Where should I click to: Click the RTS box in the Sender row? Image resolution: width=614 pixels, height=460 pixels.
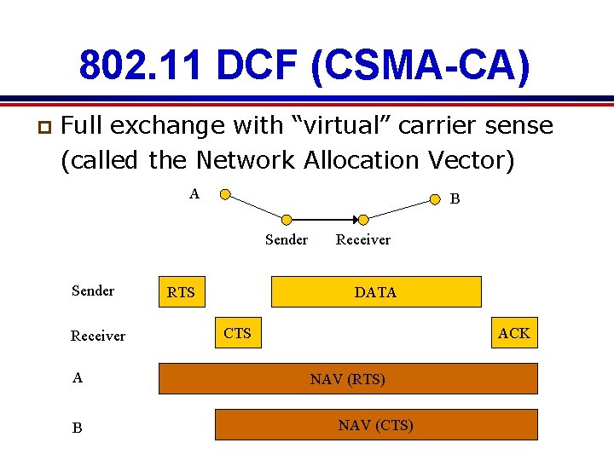(x=181, y=292)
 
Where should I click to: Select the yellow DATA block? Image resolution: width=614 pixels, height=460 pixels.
(x=375, y=292)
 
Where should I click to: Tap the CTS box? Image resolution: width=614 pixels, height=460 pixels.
(x=238, y=333)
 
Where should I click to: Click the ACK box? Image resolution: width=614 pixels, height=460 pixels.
(x=514, y=333)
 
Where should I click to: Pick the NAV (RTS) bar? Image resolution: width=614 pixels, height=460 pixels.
(x=348, y=379)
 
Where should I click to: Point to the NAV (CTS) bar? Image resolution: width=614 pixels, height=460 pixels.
(x=375, y=425)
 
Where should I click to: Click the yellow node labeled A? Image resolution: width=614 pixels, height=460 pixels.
(x=224, y=194)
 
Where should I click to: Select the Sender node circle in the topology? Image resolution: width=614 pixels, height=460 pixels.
(x=287, y=220)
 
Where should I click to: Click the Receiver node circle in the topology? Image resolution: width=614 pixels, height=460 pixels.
(x=362, y=220)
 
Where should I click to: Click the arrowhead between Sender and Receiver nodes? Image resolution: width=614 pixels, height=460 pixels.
(x=356, y=220)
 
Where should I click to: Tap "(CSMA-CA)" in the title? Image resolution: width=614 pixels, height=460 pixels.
(x=421, y=66)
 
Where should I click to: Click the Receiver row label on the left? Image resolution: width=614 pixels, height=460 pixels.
(x=97, y=336)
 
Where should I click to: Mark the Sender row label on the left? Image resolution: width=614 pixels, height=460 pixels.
(x=93, y=290)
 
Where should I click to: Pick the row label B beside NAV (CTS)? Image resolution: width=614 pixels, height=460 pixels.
(x=78, y=428)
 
